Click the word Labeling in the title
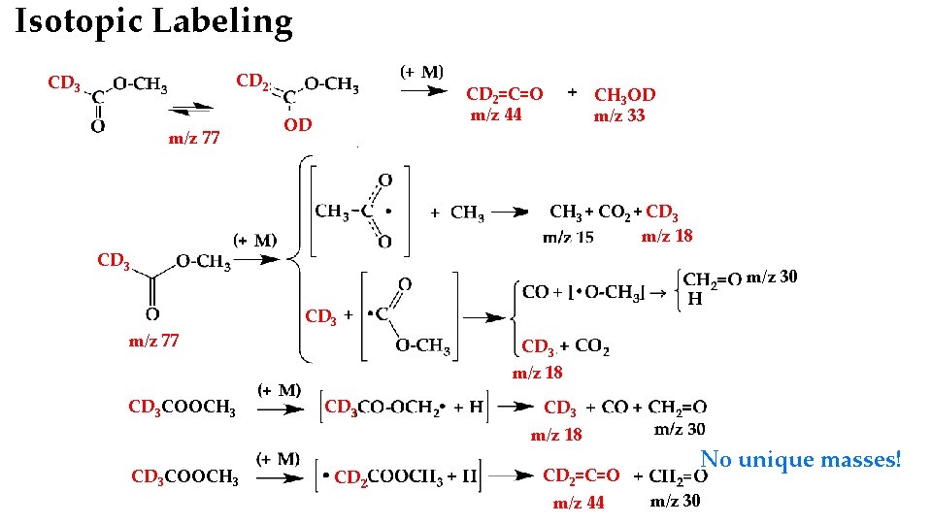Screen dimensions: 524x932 pos(220,21)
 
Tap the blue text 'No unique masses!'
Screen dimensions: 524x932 pos(801,459)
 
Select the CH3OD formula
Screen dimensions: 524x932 pos(624,94)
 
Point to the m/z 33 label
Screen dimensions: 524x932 pos(619,116)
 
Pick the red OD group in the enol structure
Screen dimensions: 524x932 pos(298,125)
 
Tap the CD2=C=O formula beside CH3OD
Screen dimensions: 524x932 pos(504,94)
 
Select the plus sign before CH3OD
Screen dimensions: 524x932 pos(572,92)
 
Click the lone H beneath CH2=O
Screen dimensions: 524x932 pos(694,299)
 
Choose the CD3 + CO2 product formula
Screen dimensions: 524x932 pos(565,346)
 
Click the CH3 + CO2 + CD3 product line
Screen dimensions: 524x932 pos(614,212)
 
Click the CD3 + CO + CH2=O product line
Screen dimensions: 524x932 pos(624,408)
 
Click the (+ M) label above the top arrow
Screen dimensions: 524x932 pos(421,72)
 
